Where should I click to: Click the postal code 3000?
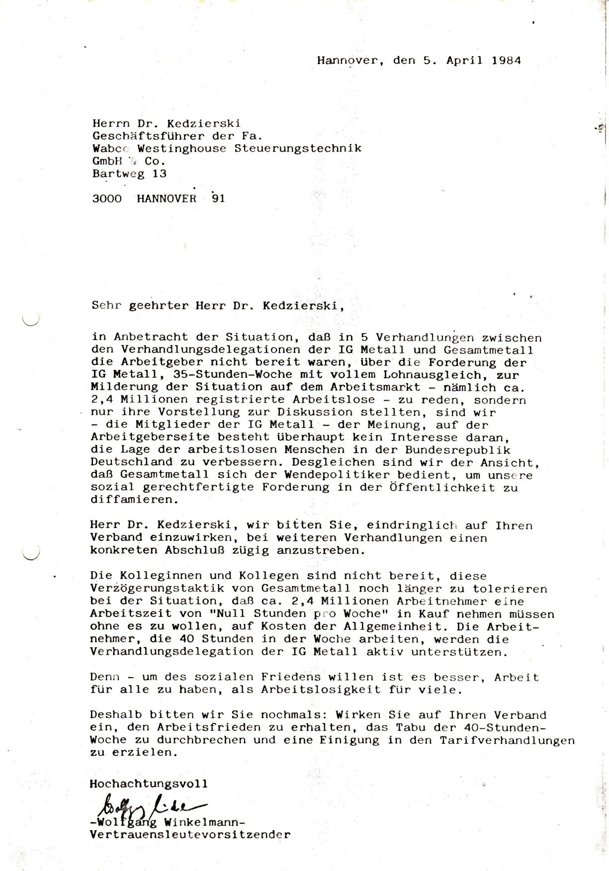[107, 198]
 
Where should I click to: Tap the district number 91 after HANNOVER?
[218, 198]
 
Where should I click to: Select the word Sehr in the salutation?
[106, 305]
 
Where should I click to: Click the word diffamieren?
[133, 500]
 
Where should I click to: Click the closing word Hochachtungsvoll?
[149, 784]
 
